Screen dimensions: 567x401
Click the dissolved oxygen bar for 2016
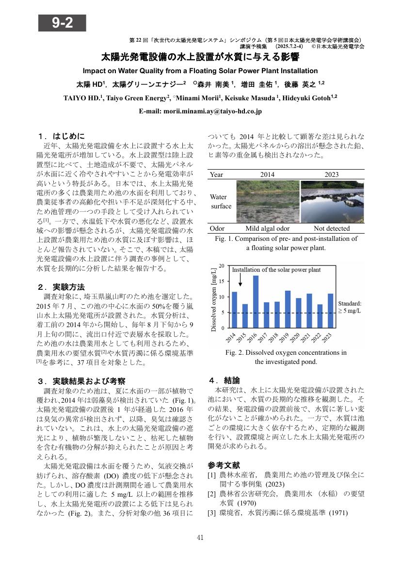coord(256,301)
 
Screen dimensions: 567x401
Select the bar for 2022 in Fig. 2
coord(320,316)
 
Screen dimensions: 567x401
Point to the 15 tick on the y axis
coord(222,281)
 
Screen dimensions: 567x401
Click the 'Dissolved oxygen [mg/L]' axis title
coord(214,297)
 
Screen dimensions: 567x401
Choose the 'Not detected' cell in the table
coord(332,228)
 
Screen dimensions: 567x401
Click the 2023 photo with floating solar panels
coord(332,201)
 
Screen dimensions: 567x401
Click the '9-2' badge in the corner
coord(62,23)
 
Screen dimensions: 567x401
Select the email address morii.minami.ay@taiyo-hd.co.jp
coord(200,111)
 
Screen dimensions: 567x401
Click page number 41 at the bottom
coord(200,537)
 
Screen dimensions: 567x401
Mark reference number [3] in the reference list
coord(211,513)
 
